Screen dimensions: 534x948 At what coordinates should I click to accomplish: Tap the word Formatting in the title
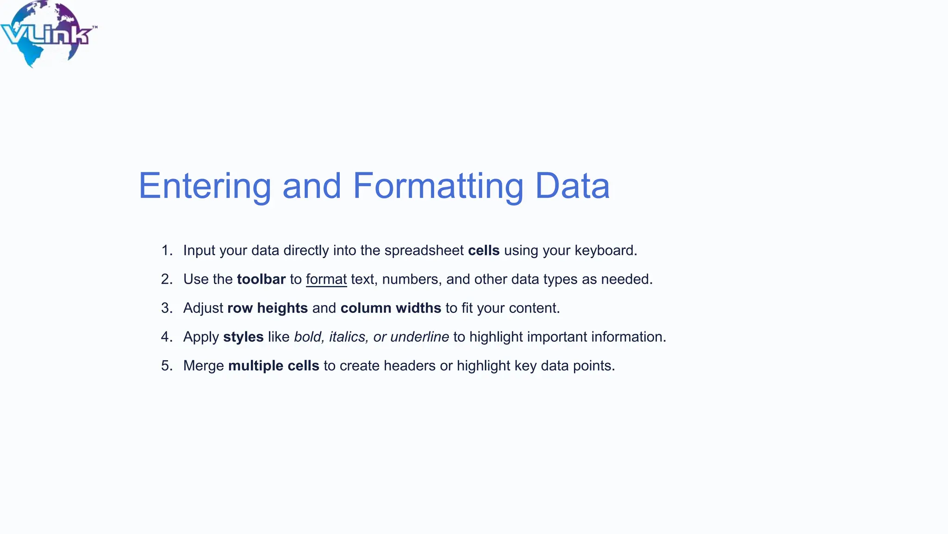pos(438,186)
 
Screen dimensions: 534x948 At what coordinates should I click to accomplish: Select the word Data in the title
pos(572,186)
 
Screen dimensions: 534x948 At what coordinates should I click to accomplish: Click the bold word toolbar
pos(261,280)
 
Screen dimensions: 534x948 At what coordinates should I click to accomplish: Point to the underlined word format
pos(326,280)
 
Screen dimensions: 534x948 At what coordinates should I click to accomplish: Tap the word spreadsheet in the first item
pos(424,251)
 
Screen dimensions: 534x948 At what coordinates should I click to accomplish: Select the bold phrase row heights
pos(268,308)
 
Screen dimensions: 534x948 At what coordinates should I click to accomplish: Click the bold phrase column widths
pos(391,308)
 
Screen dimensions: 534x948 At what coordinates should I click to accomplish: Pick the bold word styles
pos(243,337)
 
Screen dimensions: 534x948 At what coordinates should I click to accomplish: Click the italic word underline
pos(419,337)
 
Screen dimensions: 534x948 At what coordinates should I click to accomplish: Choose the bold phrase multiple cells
pos(274,366)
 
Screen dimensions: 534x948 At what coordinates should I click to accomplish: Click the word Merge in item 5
pos(204,366)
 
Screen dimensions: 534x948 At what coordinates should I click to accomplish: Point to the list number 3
pos(166,308)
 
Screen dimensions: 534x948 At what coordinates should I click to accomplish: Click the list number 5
pos(166,366)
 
